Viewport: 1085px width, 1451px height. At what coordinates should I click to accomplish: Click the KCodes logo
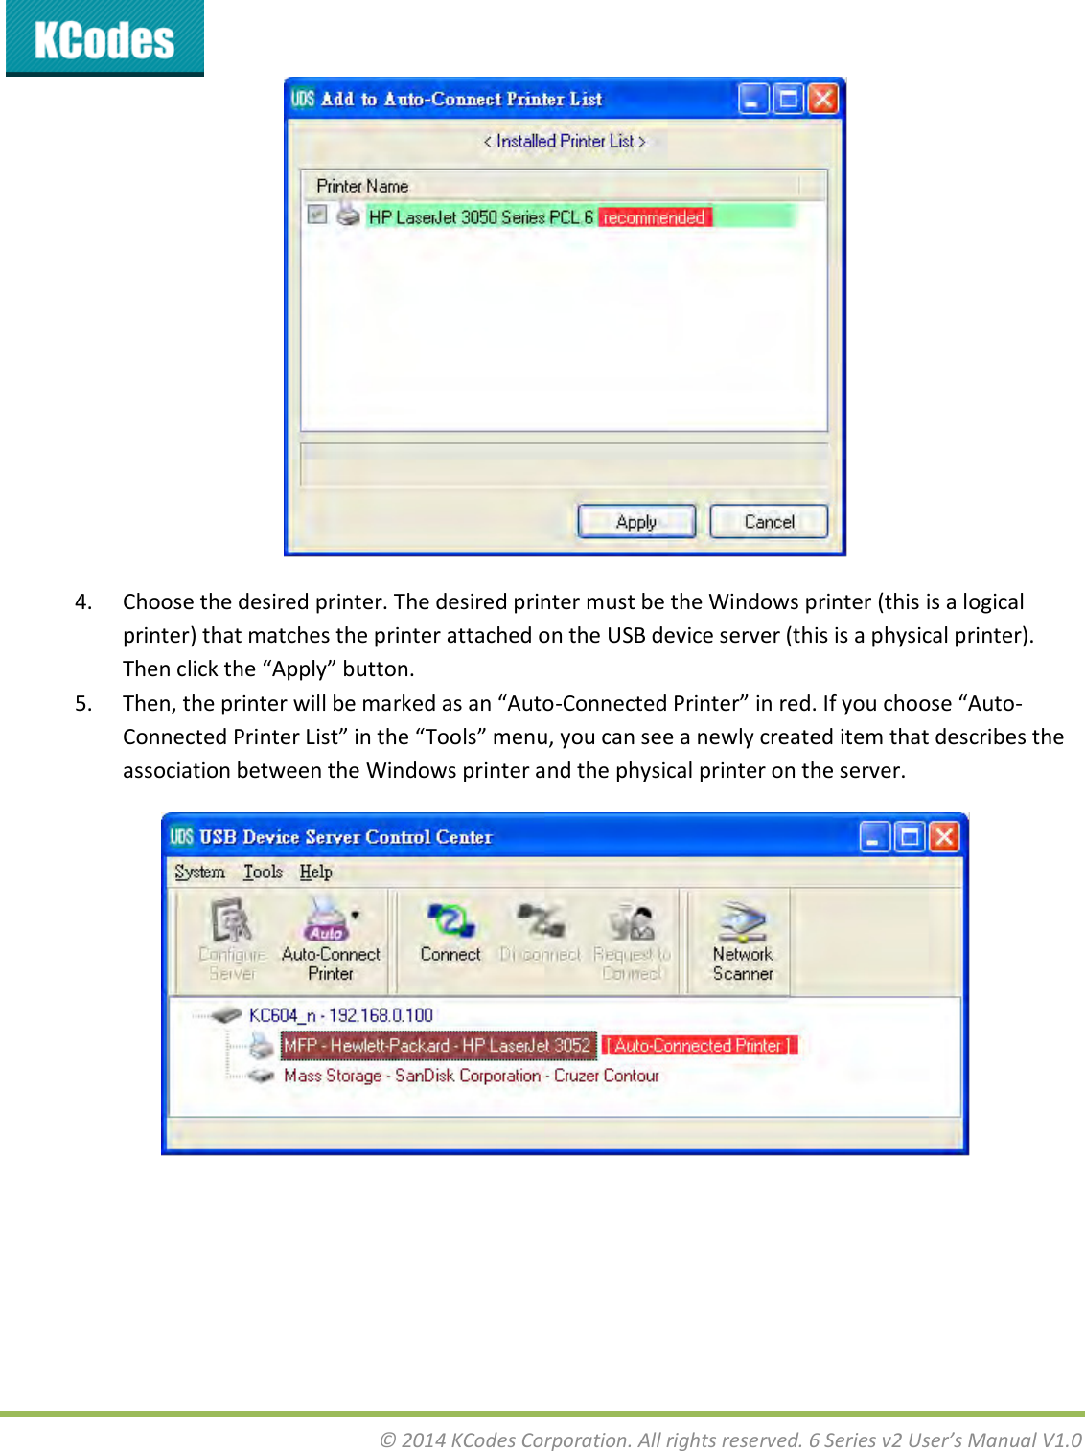[104, 38]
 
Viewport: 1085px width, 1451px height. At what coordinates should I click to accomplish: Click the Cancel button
[769, 522]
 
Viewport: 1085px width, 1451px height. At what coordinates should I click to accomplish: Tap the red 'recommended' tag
[654, 217]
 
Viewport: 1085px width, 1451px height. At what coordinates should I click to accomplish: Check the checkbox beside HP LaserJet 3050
[317, 215]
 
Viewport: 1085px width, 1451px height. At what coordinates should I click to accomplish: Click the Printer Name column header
[362, 186]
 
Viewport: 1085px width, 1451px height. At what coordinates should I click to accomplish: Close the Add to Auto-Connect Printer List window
[823, 99]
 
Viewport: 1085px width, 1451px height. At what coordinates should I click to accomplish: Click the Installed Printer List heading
[565, 142]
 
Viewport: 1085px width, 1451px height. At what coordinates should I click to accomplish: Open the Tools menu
[263, 872]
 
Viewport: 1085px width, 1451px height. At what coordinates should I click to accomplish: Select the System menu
[199, 872]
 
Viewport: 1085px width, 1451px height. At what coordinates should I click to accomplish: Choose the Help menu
[315, 872]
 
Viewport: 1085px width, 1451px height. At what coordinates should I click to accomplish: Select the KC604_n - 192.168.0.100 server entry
[340, 1015]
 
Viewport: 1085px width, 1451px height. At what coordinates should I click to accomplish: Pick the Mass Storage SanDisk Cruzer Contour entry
[471, 1076]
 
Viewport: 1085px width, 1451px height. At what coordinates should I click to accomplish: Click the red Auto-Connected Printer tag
[700, 1046]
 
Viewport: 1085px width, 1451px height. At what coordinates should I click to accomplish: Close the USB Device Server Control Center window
[944, 837]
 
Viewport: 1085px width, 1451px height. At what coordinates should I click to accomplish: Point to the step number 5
[83, 704]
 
